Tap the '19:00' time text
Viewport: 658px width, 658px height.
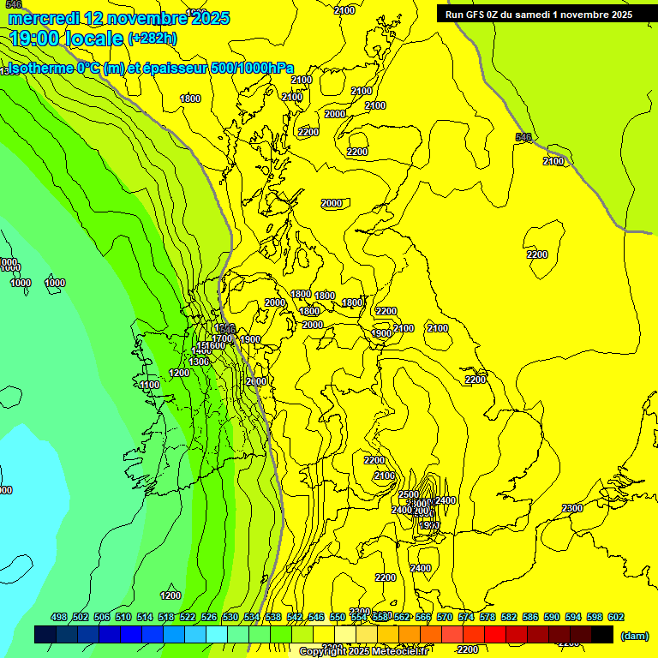tap(36, 39)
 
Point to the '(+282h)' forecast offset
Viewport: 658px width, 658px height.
tap(153, 38)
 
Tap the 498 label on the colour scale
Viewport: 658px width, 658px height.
tap(59, 617)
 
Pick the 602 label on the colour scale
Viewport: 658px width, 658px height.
tap(615, 617)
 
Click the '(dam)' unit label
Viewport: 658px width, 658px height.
tap(634, 635)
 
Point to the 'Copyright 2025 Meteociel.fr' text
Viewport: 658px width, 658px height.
tap(363, 651)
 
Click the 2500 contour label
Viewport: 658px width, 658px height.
tap(409, 494)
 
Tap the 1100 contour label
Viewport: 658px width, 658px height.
tap(149, 386)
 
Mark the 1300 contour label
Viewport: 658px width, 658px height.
tap(199, 362)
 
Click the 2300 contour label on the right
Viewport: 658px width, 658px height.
tap(572, 509)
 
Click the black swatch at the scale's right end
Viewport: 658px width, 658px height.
tap(602, 634)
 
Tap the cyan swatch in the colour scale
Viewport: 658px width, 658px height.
tap(217, 634)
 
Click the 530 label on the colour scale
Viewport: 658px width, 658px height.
tap(230, 617)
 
